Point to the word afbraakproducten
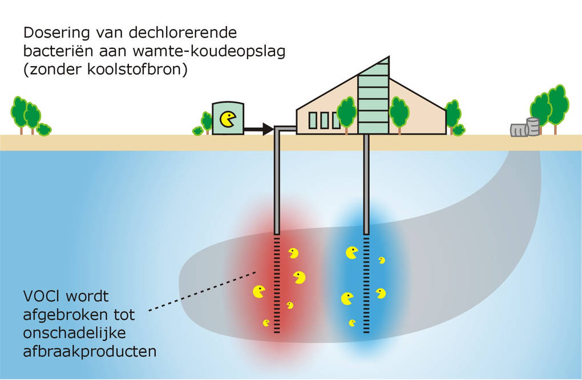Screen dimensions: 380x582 (90, 352)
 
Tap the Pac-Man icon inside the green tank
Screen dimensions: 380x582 (228, 120)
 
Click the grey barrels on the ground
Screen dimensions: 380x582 (526, 128)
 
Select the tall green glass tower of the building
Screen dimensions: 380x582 (373, 97)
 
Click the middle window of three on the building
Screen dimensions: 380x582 (324, 120)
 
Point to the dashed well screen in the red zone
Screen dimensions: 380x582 (277, 285)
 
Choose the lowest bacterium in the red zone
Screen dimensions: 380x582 (266, 323)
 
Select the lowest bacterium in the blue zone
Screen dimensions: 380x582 (352, 323)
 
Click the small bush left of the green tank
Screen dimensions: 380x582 (198, 131)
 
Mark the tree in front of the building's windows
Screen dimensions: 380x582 (346, 112)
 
